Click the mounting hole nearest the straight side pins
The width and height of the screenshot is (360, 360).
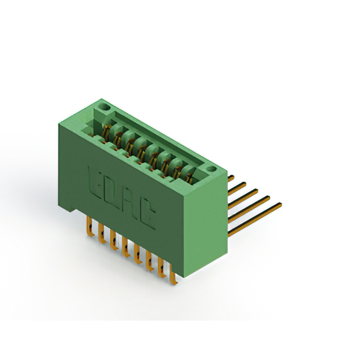click(211, 169)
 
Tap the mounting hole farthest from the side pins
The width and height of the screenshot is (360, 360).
click(104, 107)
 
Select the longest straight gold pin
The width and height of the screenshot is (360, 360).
click(255, 219)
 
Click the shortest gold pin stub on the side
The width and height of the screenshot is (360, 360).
click(231, 178)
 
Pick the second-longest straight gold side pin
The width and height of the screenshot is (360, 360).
click(249, 209)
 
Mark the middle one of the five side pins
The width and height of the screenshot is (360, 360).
click(243, 199)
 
